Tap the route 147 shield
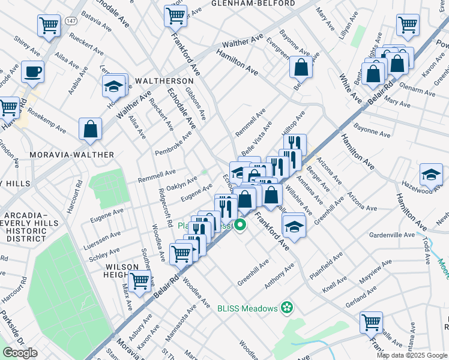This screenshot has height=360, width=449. [x=70, y=20]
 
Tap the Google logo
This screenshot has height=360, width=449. [x=20, y=353]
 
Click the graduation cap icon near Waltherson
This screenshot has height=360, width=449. [x=113, y=86]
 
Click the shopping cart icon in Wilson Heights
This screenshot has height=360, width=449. [x=140, y=280]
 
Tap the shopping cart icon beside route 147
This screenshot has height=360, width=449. [x=49, y=25]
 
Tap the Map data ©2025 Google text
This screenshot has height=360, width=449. [x=412, y=355]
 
